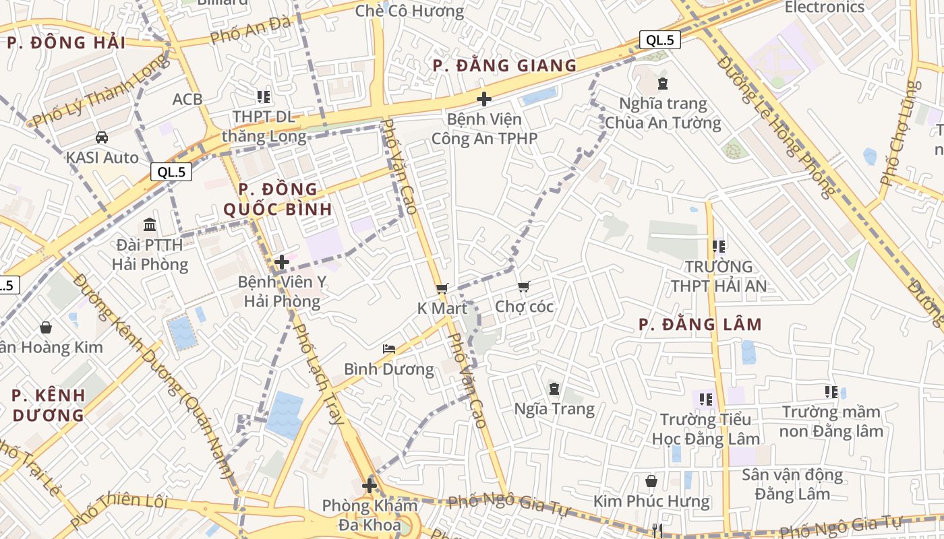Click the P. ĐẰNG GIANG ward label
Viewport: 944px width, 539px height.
point(504,65)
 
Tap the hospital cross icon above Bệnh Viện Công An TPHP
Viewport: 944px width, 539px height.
point(483,99)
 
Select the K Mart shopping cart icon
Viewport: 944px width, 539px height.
point(442,288)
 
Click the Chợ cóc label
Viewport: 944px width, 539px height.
point(524,307)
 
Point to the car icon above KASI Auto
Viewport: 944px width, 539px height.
point(102,137)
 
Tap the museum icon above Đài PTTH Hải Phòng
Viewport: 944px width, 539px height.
point(150,224)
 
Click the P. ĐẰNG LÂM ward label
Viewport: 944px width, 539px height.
point(700,325)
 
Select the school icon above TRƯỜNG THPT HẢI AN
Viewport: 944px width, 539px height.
point(719,247)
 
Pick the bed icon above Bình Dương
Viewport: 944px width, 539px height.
point(389,349)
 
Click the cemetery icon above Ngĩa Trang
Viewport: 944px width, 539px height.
point(554,389)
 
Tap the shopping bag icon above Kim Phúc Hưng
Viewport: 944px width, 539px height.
point(651,481)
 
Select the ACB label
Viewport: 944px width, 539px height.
point(187,99)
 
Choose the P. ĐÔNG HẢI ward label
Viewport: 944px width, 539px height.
point(66,43)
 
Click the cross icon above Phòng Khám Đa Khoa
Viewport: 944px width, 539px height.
point(369,485)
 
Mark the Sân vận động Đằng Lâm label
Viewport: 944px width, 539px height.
point(792,484)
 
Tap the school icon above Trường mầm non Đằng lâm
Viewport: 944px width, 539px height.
point(831,391)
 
